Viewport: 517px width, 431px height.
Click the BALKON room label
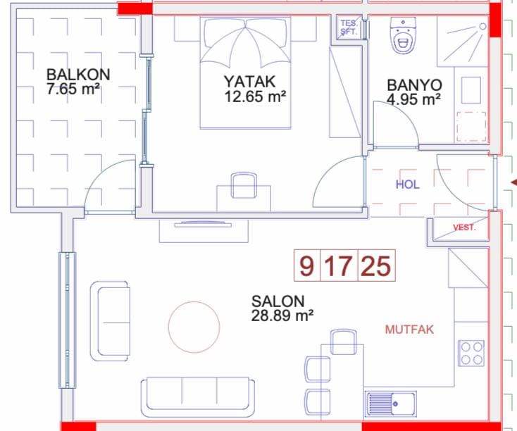[78, 75]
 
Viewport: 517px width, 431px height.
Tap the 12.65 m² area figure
[255, 96]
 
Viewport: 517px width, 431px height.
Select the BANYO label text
[414, 85]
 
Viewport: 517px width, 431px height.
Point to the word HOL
[408, 185]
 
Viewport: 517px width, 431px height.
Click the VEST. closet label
[464, 227]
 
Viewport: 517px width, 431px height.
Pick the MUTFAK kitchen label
[409, 330]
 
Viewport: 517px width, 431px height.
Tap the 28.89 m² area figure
[282, 316]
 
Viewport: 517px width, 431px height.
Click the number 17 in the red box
[338, 266]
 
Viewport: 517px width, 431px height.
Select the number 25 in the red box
[376, 266]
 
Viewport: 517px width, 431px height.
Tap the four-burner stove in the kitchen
[471, 353]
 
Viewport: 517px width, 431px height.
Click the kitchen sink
[390, 404]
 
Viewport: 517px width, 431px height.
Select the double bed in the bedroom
[245, 73]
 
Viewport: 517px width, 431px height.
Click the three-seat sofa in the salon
[198, 398]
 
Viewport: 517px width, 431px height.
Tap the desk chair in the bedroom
[244, 186]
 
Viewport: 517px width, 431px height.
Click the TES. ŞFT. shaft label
[349, 27]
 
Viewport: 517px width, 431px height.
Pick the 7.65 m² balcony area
[73, 89]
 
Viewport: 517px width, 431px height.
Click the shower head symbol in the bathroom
[482, 26]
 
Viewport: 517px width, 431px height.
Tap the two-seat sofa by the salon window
[110, 321]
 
